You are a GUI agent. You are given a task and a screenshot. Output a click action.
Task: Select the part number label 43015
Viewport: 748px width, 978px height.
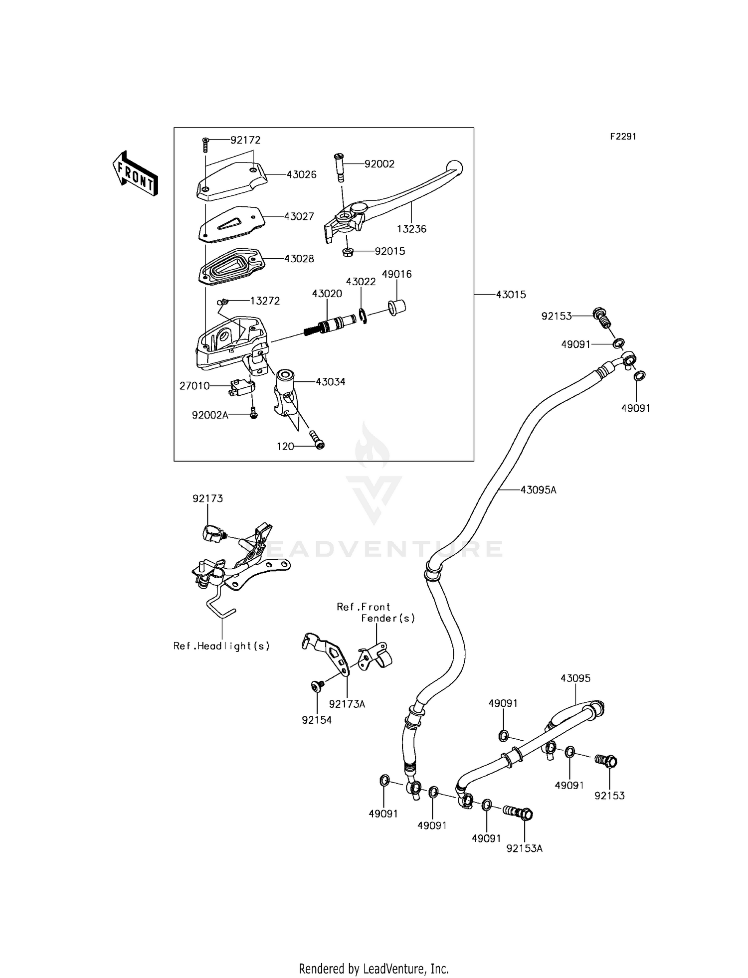tap(511, 295)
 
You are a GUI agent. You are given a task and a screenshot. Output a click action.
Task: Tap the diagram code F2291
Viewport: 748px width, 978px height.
tap(623, 137)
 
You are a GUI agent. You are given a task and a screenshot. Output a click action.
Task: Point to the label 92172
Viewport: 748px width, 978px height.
tap(245, 140)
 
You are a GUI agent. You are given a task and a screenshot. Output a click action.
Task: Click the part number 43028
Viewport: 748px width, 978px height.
tap(299, 259)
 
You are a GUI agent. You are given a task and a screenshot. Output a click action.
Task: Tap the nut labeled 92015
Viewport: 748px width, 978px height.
tap(349, 252)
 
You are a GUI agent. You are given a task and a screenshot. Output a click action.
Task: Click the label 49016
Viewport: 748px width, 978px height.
tap(396, 274)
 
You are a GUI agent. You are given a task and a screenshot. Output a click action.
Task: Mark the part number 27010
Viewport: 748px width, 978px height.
tap(194, 386)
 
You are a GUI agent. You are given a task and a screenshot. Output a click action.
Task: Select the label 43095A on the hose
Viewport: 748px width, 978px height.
tap(538, 490)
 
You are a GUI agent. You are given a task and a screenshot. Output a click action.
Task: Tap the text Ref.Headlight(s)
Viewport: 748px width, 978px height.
tap(221, 646)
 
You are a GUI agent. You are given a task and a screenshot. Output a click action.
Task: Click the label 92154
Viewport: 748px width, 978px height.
tap(317, 720)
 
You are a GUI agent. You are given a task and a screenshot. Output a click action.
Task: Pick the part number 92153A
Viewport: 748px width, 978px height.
tap(524, 848)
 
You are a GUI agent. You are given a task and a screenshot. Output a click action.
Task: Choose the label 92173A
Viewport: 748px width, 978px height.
tap(347, 704)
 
